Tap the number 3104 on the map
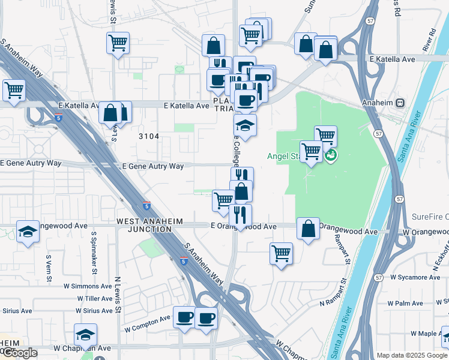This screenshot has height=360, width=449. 149,136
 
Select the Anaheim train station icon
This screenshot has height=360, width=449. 415,103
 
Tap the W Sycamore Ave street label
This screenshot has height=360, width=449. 415,277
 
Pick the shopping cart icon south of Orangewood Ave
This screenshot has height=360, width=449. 281,254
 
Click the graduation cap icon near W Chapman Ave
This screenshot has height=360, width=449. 86,335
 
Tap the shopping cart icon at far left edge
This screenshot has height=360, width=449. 13,91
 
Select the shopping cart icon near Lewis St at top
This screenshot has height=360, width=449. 118,43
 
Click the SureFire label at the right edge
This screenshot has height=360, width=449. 430,217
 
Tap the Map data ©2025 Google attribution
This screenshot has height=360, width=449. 412,355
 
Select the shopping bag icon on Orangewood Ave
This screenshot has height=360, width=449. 308,229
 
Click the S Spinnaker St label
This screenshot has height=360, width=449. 94,250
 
